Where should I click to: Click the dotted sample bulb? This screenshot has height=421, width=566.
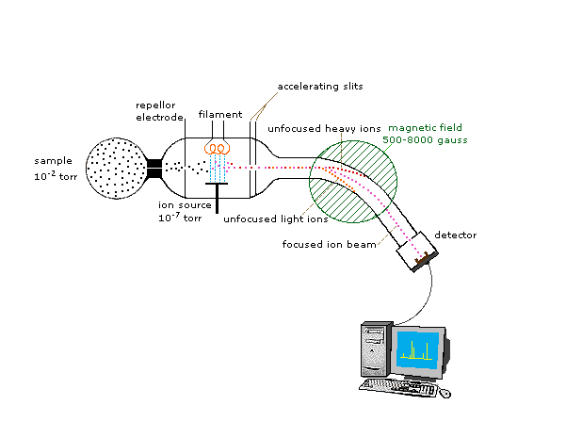(116, 170)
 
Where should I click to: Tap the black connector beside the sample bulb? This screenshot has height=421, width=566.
(154, 170)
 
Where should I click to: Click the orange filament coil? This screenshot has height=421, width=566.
(218, 149)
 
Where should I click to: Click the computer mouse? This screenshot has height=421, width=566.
(445, 392)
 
